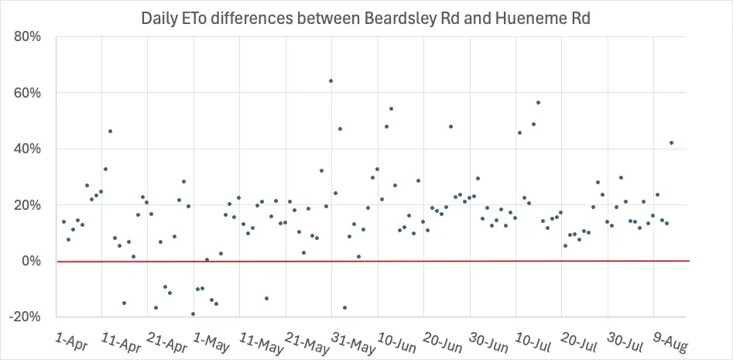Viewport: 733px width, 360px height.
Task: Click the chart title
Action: (366, 19)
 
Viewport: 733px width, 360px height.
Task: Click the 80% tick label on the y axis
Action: (26, 37)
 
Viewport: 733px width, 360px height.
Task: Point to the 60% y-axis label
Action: (26, 93)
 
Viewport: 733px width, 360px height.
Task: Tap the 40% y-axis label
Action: (26, 149)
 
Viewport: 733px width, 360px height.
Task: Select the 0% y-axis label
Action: (29, 261)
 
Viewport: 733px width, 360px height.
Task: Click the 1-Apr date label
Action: (71, 340)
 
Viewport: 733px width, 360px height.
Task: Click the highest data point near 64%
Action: (331, 81)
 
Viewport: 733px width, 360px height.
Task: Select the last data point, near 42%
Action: (671, 142)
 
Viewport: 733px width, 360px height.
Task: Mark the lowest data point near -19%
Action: (193, 314)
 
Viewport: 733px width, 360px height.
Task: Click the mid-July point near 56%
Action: (538, 102)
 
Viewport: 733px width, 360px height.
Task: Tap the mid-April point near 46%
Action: (110, 132)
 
